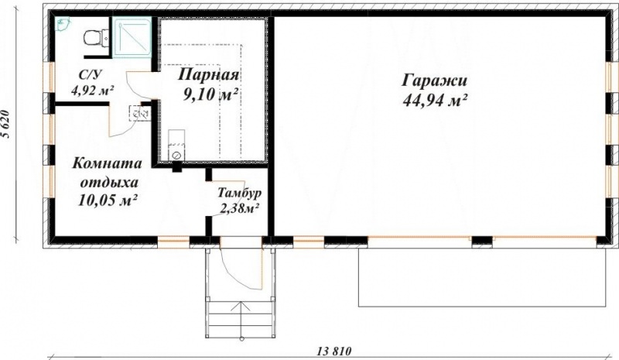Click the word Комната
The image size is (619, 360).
108,164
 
